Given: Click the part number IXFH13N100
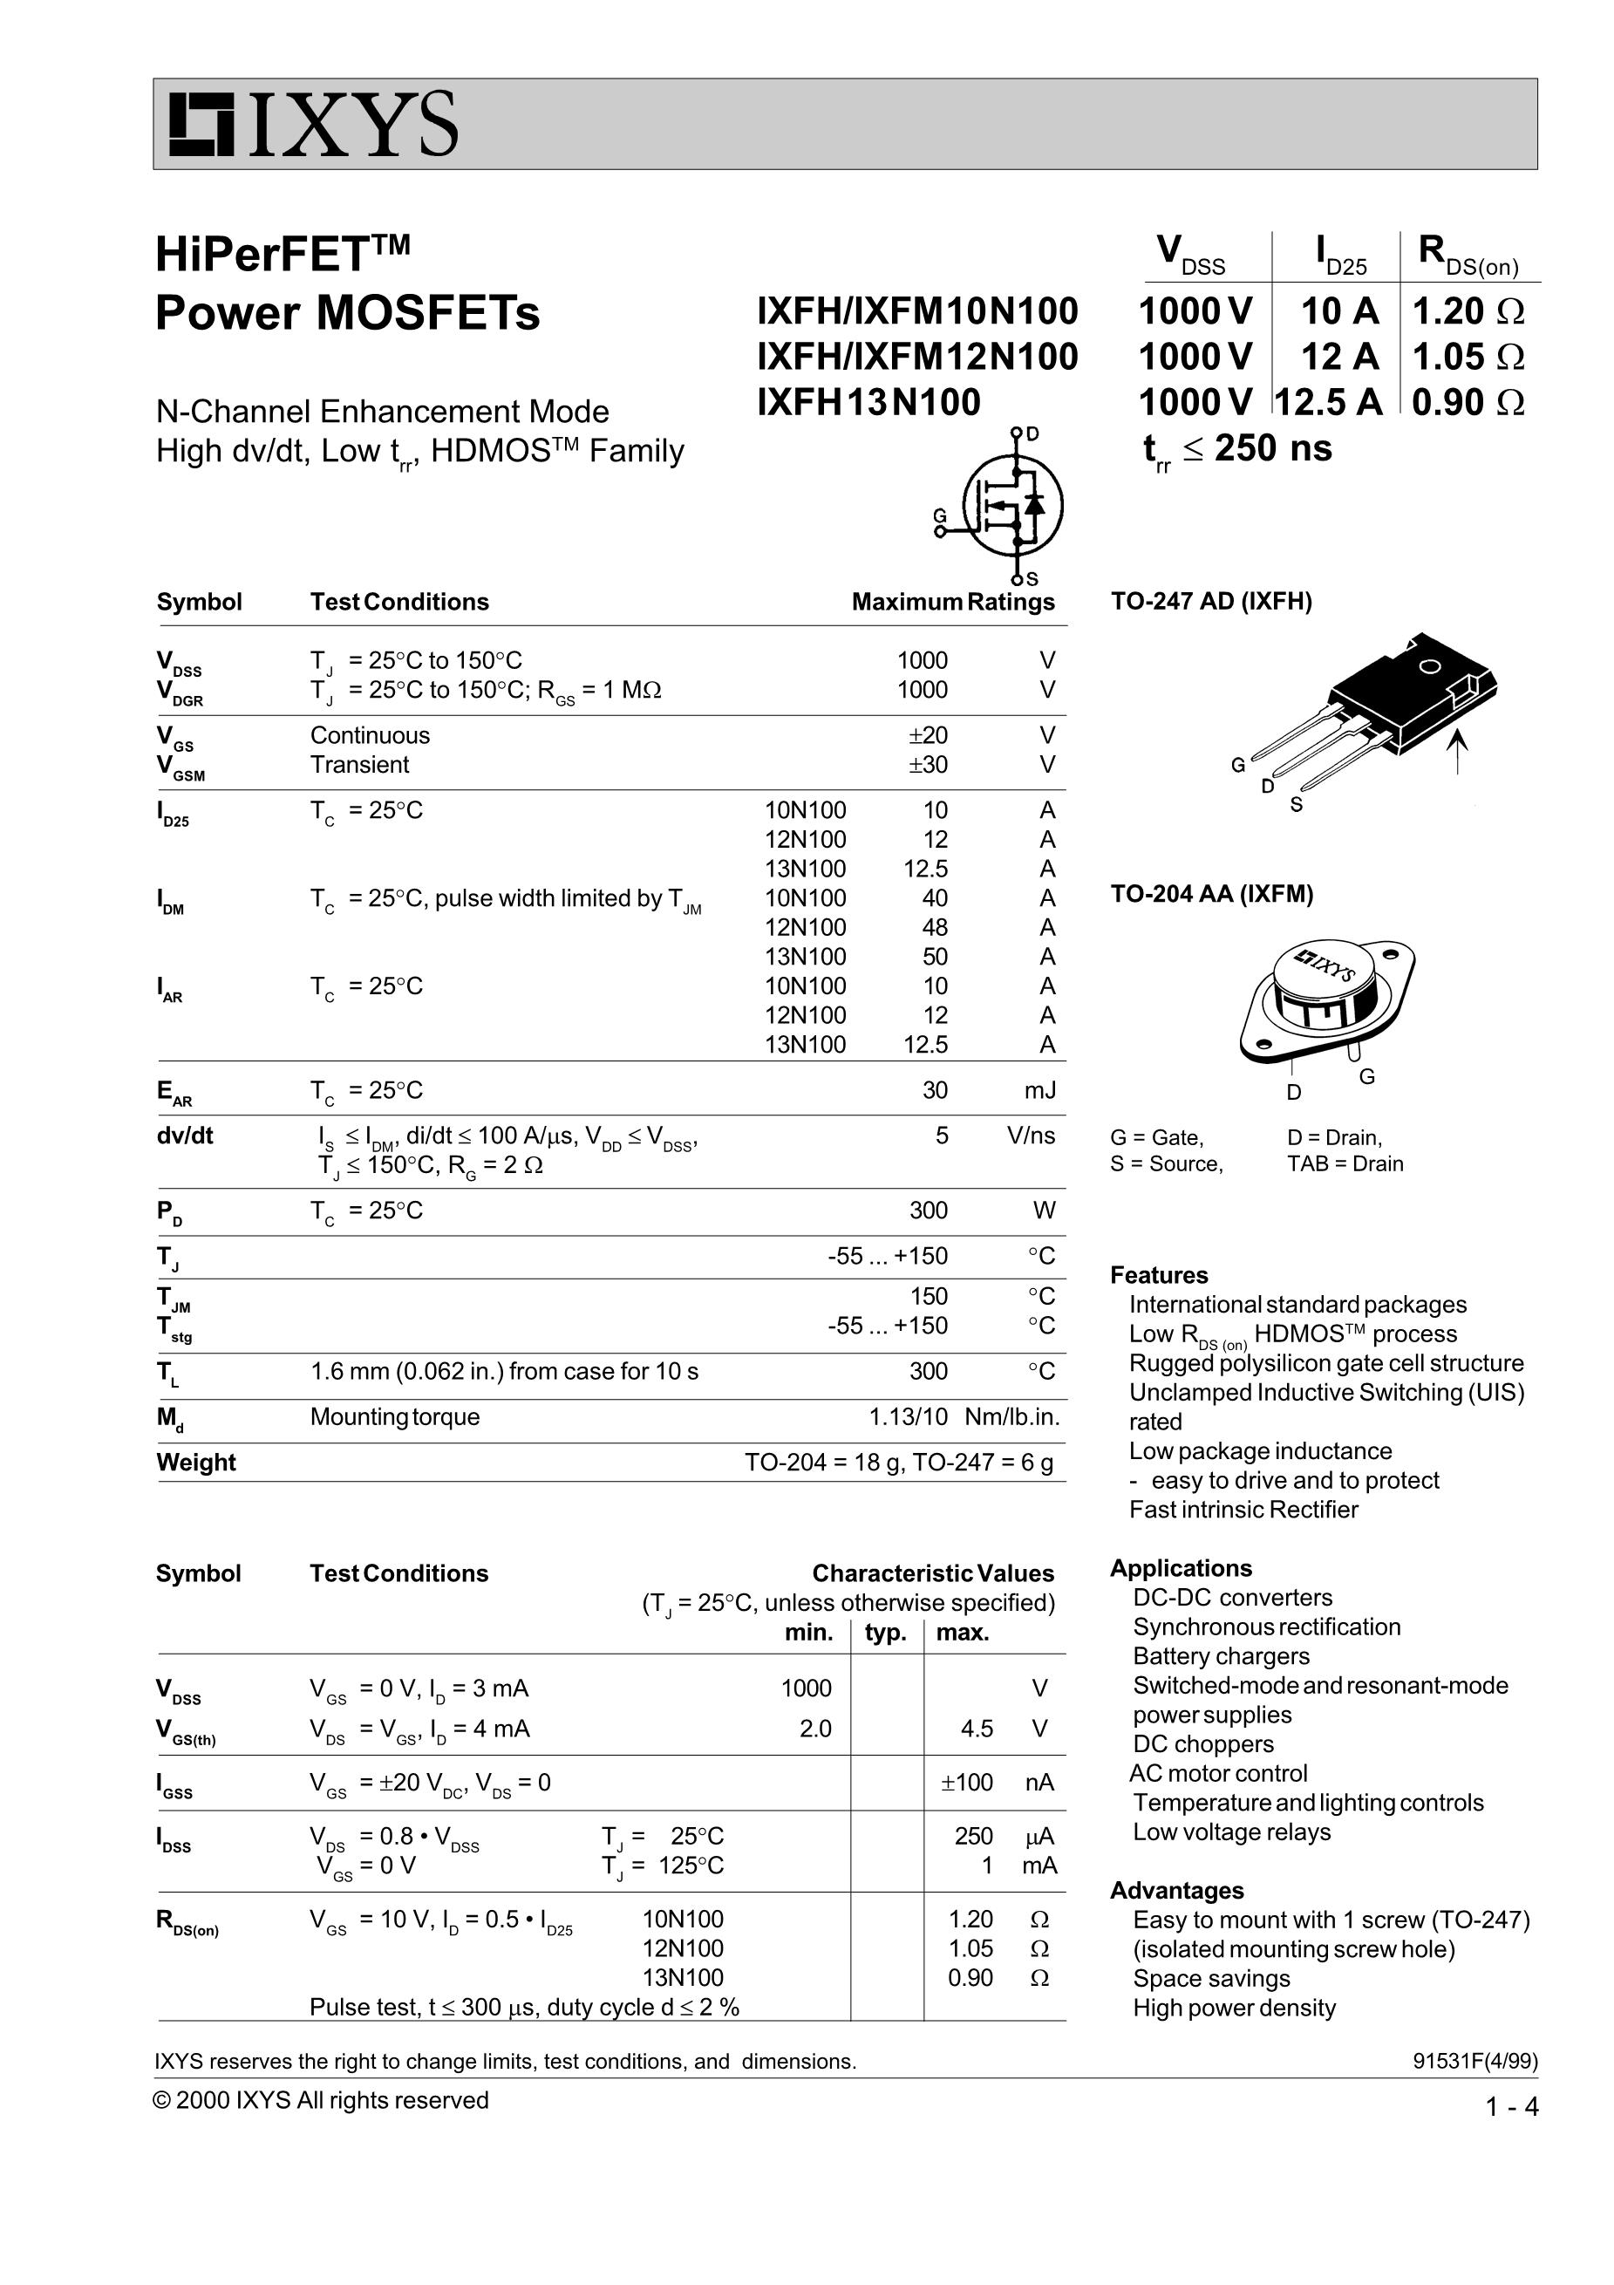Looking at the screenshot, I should coord(868,402).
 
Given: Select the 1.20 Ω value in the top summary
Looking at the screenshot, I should coord(1467,311).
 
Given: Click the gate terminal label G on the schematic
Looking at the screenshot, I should coord(938,515).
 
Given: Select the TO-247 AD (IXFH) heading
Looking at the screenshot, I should coord(1211,601).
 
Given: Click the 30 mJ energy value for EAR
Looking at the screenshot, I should coord(935,1090).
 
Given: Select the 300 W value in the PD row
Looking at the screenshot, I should coord(928,1211).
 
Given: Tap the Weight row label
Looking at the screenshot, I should coord(196,1462).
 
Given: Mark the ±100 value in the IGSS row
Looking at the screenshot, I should coord(966,1783).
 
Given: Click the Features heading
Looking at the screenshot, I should coord(1158,1275).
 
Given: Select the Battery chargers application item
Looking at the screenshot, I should coord(1221,1656).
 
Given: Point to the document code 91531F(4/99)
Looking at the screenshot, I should coord(1474,2061).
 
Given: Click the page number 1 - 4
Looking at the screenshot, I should coord(1510,2107).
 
